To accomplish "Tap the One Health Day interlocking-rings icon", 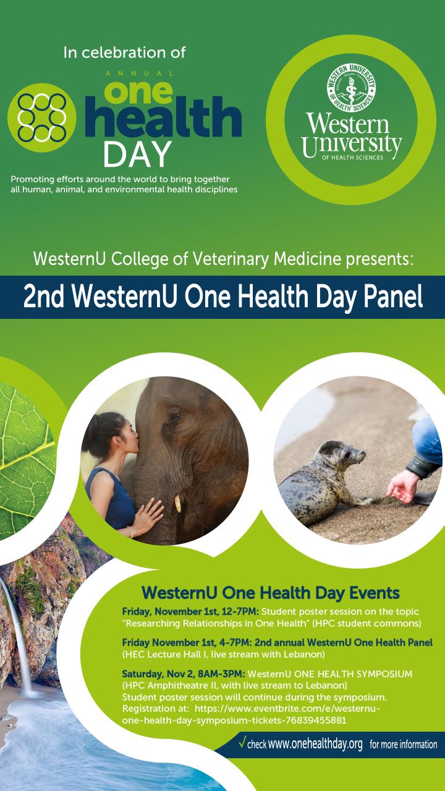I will click(42, 117).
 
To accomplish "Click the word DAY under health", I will click(137, 154).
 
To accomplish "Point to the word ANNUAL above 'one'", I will click(140, 74).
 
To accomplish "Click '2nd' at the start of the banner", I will click(43, 297).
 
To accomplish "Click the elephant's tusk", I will click(178, 503).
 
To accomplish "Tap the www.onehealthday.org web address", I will click(315, 744).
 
